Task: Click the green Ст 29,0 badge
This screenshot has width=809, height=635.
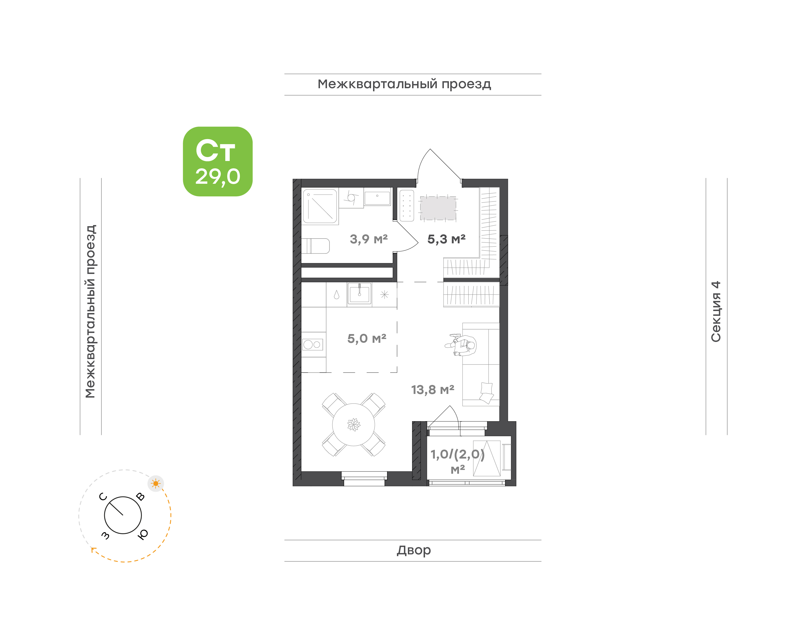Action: pos(217,161)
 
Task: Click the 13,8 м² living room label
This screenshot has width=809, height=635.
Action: pos(432,390)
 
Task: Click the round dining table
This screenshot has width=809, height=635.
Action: pos(353,425)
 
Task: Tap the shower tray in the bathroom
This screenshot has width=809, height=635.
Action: pos(320,206)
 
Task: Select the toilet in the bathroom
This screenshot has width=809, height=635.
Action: pos(315,246)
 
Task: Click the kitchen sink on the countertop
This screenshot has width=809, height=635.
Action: pos(359,294)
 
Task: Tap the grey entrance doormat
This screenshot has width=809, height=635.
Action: pos(438,208)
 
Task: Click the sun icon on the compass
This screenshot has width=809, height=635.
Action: pos(156,484)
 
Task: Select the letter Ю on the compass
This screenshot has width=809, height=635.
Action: pos(143,534)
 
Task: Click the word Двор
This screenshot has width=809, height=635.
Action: pos(413,550)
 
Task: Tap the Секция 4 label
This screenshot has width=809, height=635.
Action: pos(716,311)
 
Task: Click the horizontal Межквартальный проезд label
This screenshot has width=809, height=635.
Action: pos(404,84)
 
